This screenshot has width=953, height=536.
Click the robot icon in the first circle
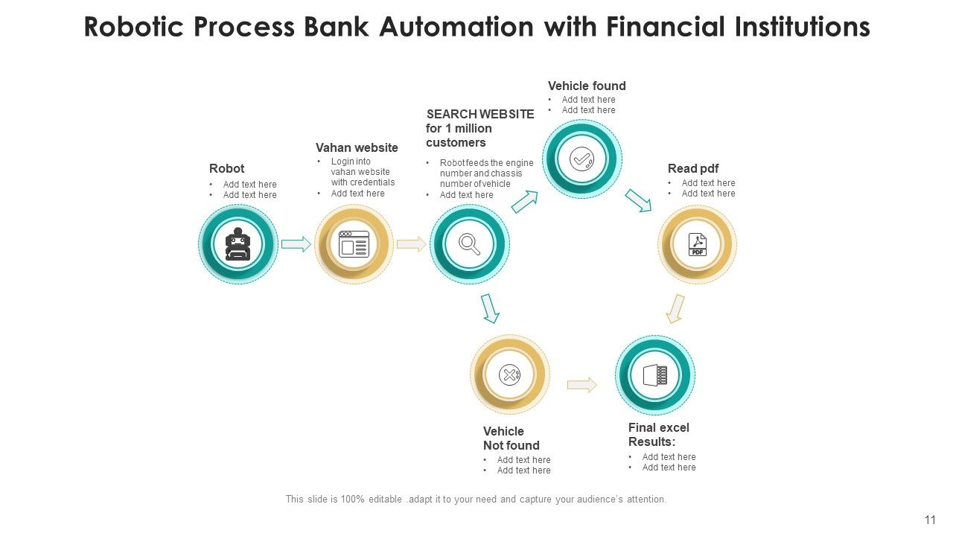tap(238, 243)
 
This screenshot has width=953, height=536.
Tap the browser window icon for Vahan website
tap(354, 244)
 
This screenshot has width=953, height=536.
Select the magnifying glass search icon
tap(470, 244)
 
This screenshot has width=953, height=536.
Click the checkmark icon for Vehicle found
tap(581, 159)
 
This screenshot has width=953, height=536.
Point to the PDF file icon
tap(698, 244)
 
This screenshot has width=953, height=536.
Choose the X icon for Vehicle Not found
tap(510, 374)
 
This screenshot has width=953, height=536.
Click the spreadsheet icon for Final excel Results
tap(655, 374)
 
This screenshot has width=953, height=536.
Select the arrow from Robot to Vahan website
tap(296, 244)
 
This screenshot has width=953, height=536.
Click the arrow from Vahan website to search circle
tap(412, 244)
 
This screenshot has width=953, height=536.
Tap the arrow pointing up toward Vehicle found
tap(525, 201)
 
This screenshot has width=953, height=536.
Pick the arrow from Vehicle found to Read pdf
tap(638, 200)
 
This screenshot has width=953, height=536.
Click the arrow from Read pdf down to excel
tap(675, 309)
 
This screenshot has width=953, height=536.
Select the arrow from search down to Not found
tap(489, 308)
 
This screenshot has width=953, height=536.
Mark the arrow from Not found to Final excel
tap(582, 385)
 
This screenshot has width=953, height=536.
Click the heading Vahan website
tap(357, 147)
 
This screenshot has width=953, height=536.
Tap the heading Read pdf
tap(693, 168)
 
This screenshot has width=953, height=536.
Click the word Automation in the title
tap(456, 27)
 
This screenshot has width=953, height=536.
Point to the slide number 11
tap(930, 520)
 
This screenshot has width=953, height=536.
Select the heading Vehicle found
tap(587, 86)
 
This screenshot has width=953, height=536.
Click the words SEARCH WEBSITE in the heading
tap(480, 114)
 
